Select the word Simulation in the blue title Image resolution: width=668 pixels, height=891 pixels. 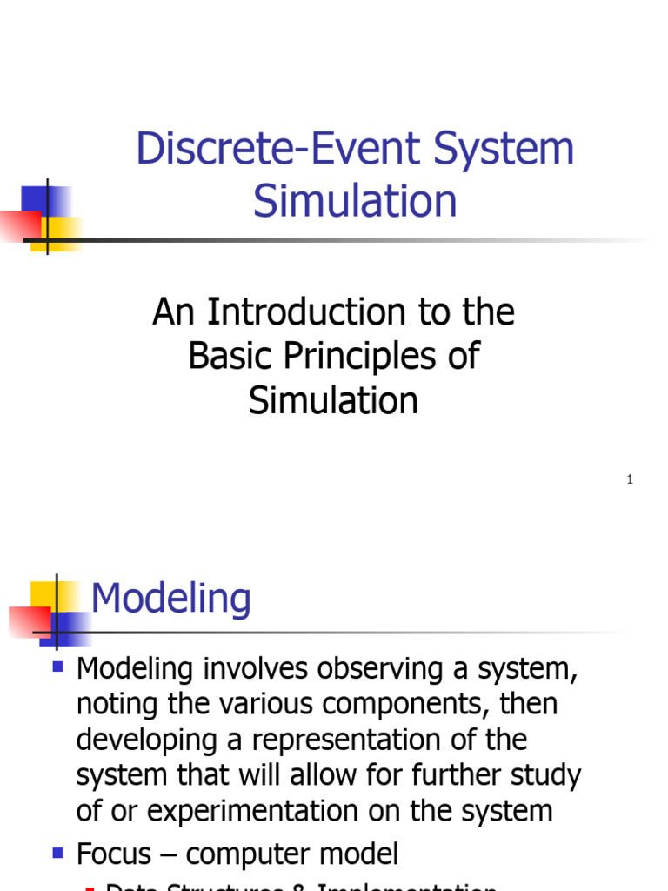pyautogui.click(x=355, y=200)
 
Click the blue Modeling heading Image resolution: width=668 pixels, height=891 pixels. pyautogui.click(x=171, y=599)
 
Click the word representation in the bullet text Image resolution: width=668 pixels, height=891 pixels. pyautogui.click(x=362, y=740)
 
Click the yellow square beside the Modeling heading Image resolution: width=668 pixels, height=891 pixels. pyautogui.click(x=43, y=595)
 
